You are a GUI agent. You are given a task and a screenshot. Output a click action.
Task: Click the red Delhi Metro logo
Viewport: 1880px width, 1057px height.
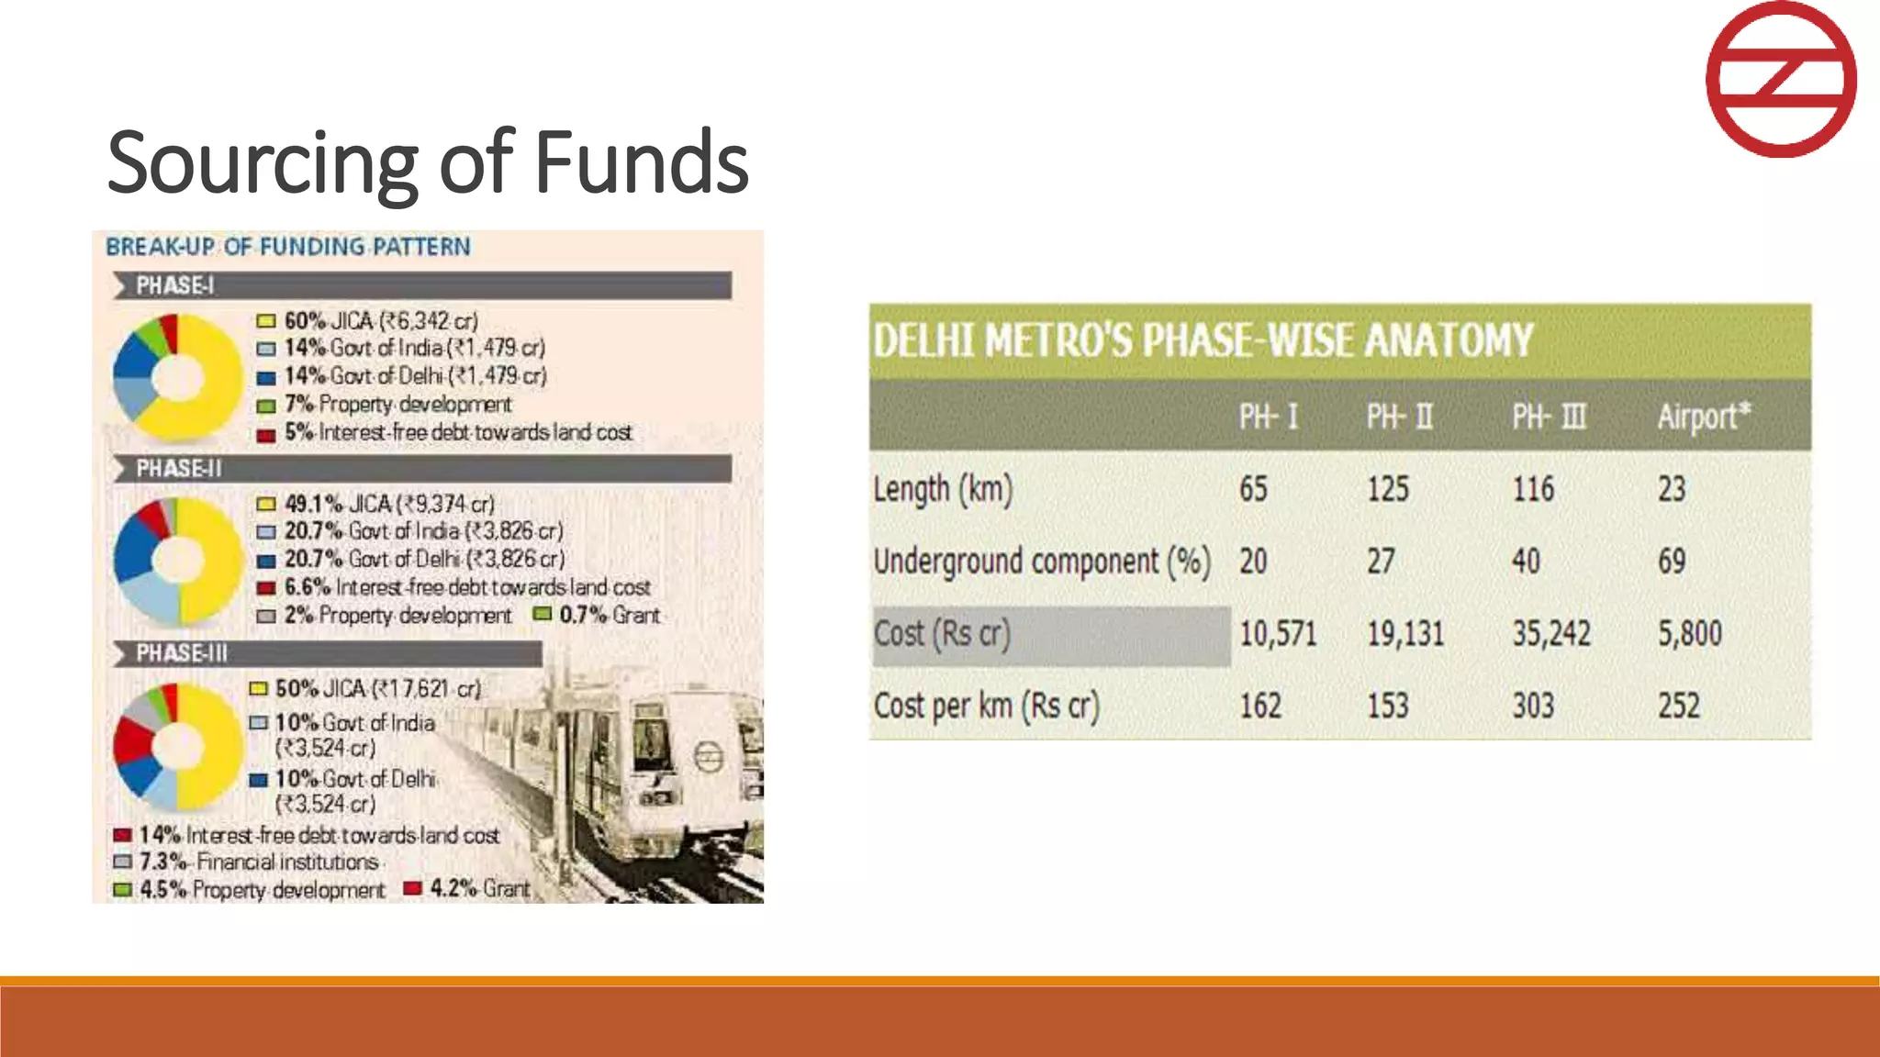coord(1780,79)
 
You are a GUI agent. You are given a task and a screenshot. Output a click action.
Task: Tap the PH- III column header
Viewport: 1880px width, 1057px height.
coord(1549,417)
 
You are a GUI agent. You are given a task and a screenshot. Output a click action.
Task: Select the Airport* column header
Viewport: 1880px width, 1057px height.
coord(1704,417)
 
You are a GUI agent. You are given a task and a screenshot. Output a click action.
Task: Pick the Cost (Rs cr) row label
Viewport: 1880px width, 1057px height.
coord(942,634)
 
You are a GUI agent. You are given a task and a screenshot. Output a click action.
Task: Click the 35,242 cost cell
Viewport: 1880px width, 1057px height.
coord(1551,634)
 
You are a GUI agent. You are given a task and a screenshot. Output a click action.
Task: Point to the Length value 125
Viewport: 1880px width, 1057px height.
coord(1387,489)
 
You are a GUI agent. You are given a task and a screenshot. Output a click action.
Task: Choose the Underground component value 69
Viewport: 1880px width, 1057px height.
coord(1672,562)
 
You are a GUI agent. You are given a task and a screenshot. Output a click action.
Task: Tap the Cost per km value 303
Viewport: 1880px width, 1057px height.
coord(1533,707)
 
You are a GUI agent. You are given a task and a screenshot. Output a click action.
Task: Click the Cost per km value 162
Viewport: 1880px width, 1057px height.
coord(1260,707)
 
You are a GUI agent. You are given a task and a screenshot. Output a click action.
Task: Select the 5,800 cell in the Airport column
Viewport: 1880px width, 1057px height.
coord(1689,634)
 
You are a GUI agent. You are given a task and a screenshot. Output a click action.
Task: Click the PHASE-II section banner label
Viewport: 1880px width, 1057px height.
coord(179,469)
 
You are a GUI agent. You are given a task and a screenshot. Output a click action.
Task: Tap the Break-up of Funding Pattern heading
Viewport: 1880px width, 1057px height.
coord(288,247)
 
